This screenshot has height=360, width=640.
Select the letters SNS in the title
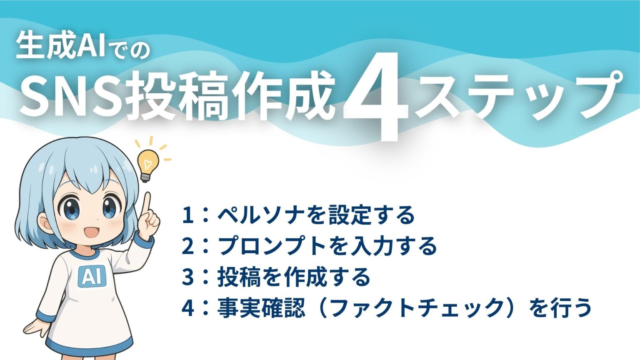(68, 97)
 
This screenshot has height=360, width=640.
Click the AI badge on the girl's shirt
(92, 276)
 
